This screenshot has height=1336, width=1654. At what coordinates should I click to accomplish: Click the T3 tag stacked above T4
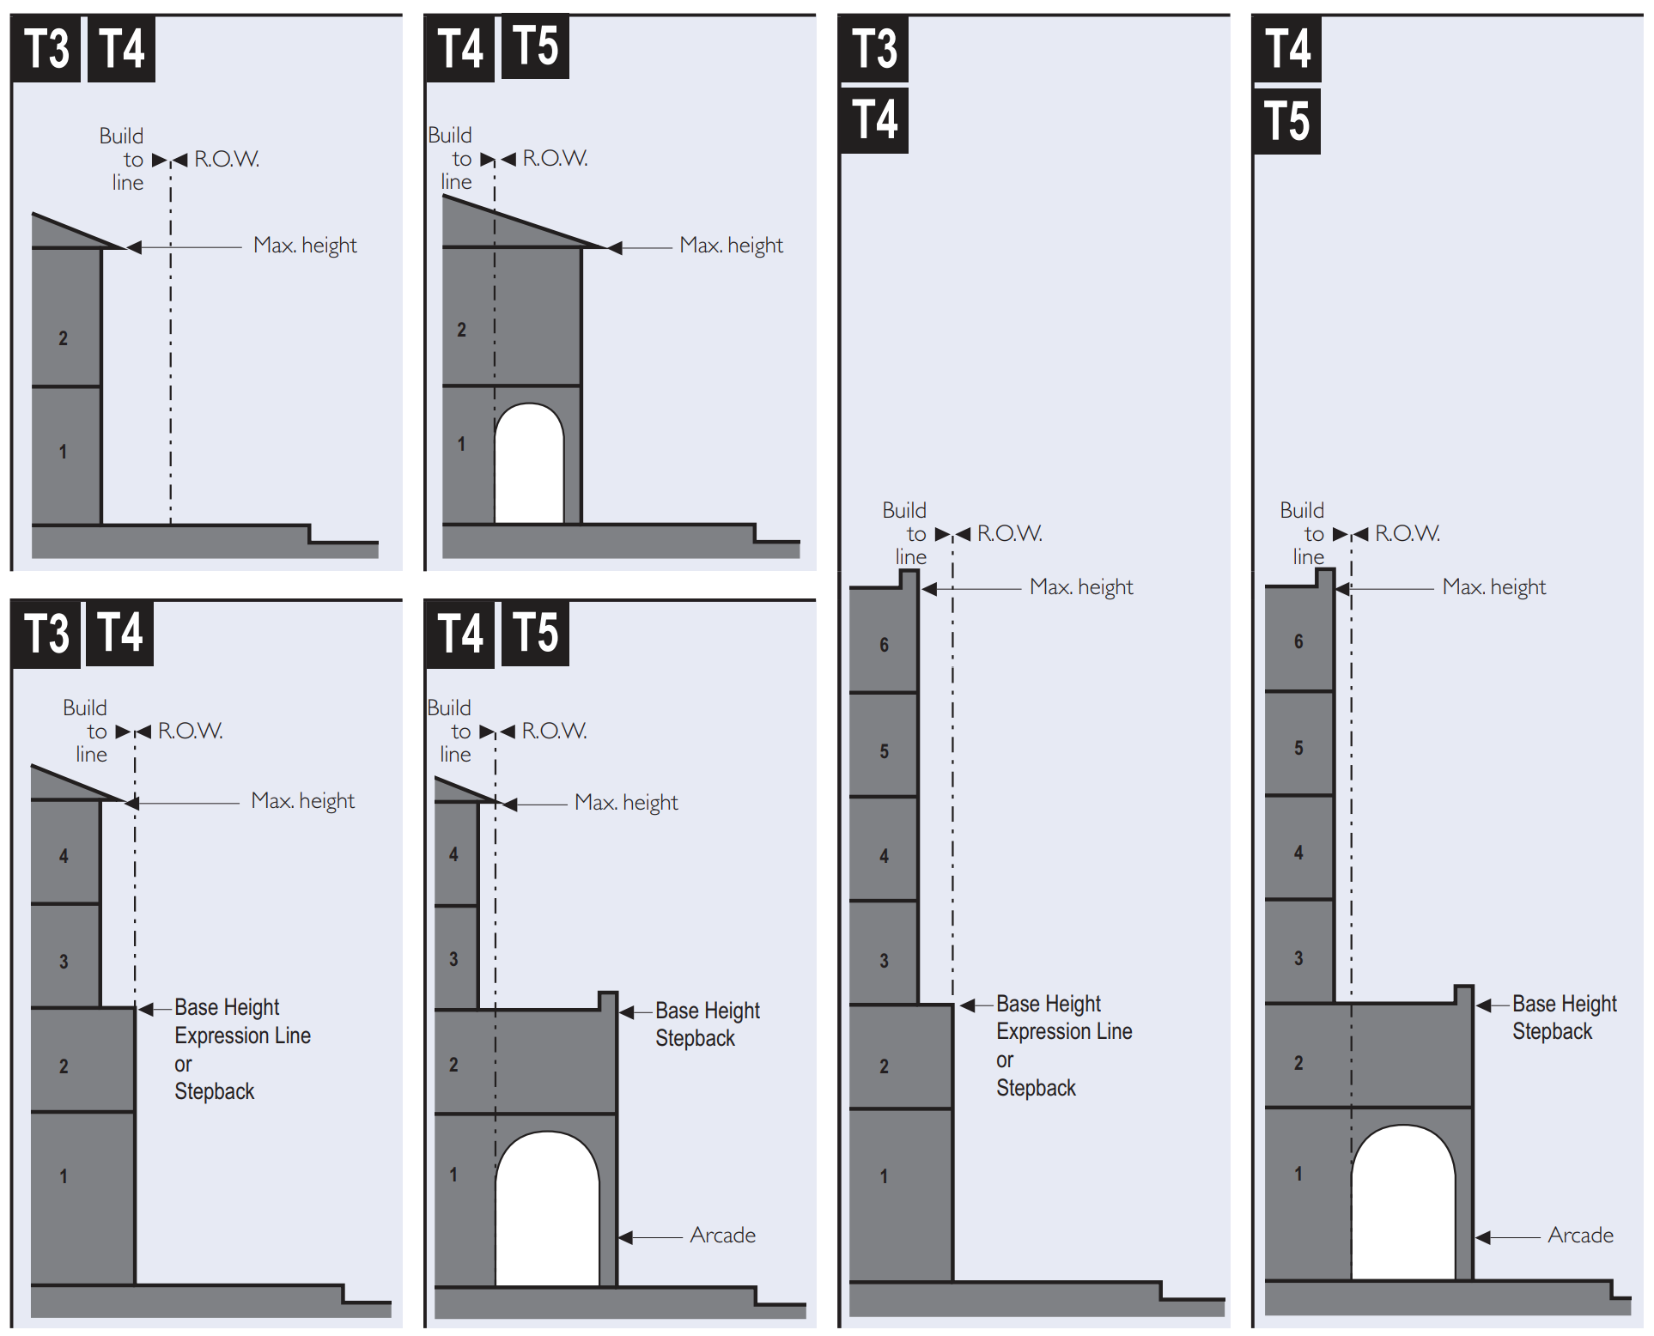(874, 48)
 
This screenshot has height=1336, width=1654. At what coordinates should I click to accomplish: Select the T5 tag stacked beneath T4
(1286, 120)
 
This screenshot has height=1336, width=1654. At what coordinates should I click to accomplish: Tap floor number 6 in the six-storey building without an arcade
(884, 645)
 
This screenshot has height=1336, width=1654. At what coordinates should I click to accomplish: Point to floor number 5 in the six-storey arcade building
(1298, 748)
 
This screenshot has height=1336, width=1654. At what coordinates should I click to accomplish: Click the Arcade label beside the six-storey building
(1580, 1235)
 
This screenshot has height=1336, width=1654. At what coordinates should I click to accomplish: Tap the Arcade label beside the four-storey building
(722, 1235)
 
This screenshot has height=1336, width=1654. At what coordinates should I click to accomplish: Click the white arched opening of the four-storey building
(547, 1211)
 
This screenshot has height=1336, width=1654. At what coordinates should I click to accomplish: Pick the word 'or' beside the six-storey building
(1005, 1060)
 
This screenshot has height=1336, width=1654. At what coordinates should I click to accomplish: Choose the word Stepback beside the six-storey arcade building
(1552, 1031)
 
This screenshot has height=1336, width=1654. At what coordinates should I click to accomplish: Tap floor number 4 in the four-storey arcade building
(453, 854)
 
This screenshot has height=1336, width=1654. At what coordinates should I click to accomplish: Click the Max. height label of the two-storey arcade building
(731, 246)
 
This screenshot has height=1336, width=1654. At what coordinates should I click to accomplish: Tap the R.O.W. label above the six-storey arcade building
(1407, 533)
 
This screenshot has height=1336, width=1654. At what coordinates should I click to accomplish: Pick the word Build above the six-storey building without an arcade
(904, 510)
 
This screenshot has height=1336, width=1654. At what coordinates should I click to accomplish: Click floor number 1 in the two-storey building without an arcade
(63, 452)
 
